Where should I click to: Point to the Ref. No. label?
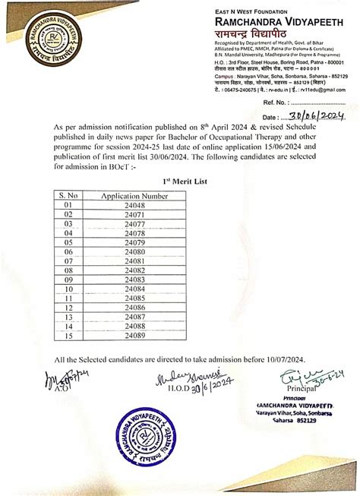tap(273, 101)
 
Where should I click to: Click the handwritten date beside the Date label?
tap(314, 115)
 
